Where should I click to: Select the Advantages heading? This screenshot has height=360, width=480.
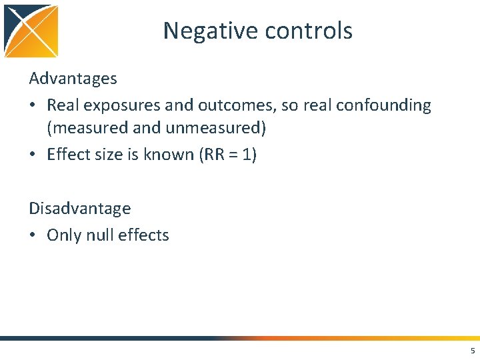73,79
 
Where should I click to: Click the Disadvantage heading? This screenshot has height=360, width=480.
79,208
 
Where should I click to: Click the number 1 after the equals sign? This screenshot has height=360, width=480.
247,154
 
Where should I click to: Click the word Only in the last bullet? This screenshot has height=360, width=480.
64,235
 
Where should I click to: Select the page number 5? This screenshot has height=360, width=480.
472,351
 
